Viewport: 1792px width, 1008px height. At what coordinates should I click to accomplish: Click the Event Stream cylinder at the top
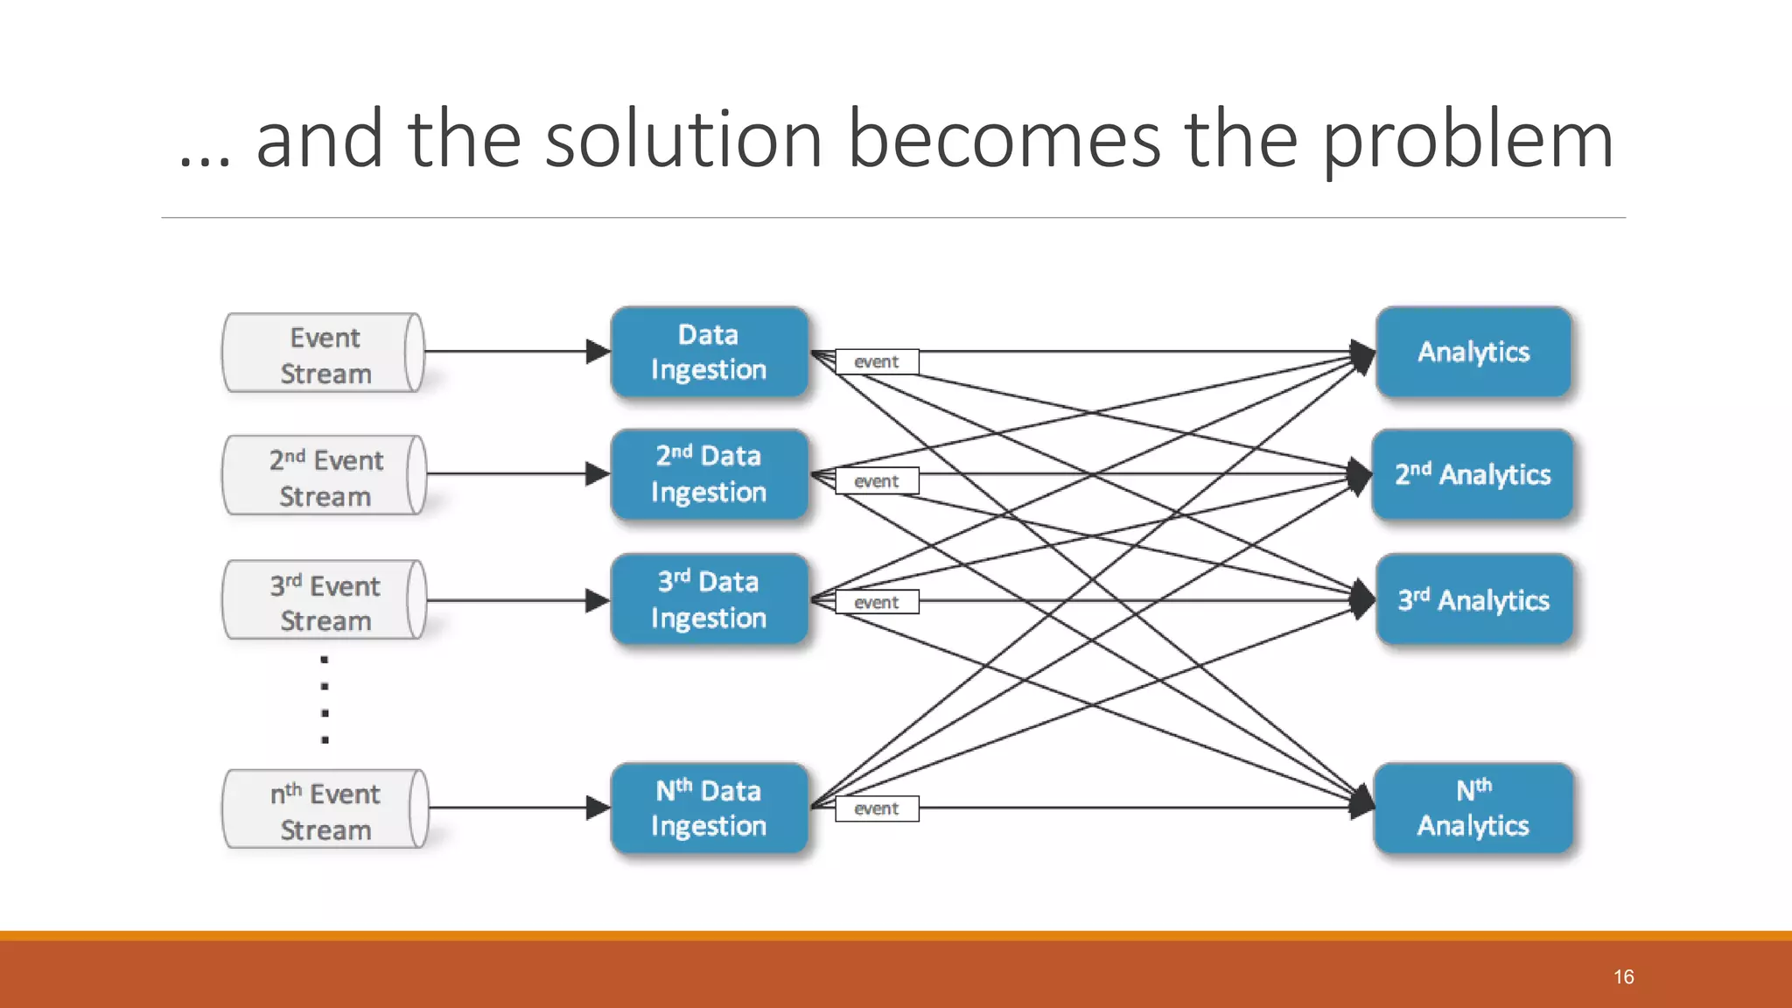coord(324,353)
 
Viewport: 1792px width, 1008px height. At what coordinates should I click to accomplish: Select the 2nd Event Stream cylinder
coord(324,476)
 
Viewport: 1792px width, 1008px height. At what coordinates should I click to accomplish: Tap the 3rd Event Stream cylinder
coord(324,601)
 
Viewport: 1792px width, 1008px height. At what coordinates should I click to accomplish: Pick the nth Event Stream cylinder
coord(324,809)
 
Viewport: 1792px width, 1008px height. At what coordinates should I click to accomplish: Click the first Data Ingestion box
coord(709,353)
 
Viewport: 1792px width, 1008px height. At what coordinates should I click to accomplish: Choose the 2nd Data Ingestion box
coord(709,475)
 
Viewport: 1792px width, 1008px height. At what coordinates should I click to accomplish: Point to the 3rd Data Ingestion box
coord(709,600)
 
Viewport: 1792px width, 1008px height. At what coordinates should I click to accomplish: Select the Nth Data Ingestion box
coord(709,808)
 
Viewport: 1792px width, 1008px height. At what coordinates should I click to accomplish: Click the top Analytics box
coord(1473,353)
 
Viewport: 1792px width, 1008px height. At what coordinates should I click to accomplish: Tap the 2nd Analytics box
coord(1473,475)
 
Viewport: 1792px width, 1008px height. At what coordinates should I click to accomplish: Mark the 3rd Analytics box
coord(1473,600)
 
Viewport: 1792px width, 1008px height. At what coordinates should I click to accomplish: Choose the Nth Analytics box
coord(1473,808)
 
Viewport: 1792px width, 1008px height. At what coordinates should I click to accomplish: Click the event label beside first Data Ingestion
coord(877,361)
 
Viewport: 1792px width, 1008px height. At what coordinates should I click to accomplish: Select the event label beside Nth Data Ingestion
coord(877,808)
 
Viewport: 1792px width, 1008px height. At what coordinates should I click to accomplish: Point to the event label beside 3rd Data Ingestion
coord(877,602)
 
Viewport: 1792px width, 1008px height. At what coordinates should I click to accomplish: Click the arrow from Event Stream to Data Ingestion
coord(516,352)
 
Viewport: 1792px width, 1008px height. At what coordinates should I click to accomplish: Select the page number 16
coord(1624,976)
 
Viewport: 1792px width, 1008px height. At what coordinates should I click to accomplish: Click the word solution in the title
coord(683,140)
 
